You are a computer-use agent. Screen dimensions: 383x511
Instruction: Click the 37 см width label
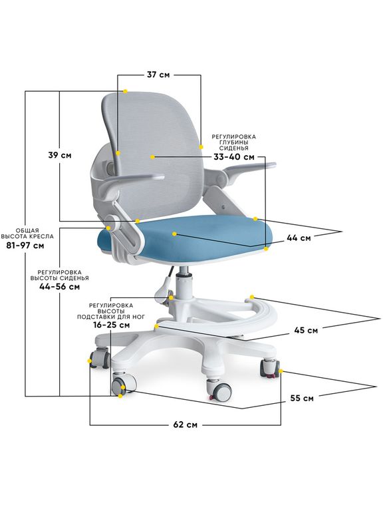(x=158, y=75)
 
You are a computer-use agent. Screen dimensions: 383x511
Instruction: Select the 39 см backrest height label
(x=60, y=155)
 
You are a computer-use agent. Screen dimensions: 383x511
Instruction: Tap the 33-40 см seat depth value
(x=234, y=157)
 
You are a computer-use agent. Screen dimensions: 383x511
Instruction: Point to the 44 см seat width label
(x=299, y=238)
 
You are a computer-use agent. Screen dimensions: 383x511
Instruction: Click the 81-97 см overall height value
(x=25, y=246)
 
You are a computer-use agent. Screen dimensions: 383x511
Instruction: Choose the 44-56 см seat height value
(x=60, y=287)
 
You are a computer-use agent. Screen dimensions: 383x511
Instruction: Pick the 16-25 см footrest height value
(x=111, y=325)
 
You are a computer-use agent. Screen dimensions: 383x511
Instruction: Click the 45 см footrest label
(x=306, y=330)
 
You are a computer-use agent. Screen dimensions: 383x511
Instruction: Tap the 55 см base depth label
(x=302, y=399)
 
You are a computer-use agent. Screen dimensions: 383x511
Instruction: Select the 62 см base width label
(x=186, y=425)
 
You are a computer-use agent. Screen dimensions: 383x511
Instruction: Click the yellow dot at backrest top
(x=126, y=91)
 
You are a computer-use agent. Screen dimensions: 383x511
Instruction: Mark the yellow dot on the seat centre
(x=175, y=234)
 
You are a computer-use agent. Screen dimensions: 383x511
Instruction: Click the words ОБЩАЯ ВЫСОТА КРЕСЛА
(x=27, y=234)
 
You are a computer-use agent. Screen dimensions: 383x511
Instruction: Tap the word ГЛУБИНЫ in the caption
(x=233, y=142)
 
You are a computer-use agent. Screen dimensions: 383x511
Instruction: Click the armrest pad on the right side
(x=250, y=168)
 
